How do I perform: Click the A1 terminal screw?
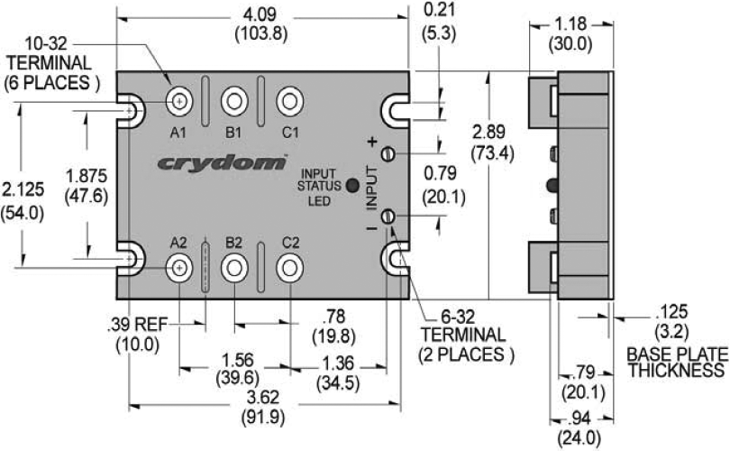(x=180, y=100)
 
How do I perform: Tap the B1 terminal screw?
(x=234, y=100)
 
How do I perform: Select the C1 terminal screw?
(x=289, y=100)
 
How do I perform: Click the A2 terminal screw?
(x=180, y=265)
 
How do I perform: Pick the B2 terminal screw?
(x=234, y=265)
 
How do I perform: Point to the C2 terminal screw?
(x=289, y=265)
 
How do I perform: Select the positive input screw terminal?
(x=388, y=153)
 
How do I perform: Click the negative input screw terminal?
(x=388, y=216)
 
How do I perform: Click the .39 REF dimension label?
(x=133, y=333)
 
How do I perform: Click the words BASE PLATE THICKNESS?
(x=676, y=362)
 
